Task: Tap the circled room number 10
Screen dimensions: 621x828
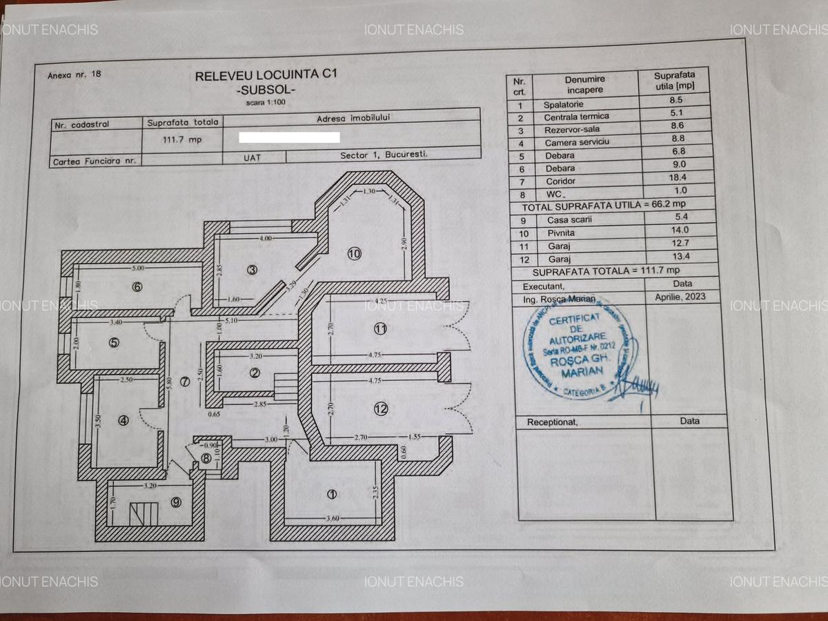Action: (x=354, y=254)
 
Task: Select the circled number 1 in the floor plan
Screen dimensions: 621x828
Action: (x=331, y=494)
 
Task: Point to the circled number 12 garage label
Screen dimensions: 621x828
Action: (x=381, y=408)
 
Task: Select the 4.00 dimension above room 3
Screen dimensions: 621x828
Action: (x=266, y=237)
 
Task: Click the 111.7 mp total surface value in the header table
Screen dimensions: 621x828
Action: (x=182, y=139)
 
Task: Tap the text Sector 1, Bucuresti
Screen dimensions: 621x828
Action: (x=384, y=155)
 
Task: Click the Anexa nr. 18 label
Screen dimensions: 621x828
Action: (x=75, y=75)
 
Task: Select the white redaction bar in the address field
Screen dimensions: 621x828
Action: (x=289, y=137)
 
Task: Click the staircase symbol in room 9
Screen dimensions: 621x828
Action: (x=144, y=514)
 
